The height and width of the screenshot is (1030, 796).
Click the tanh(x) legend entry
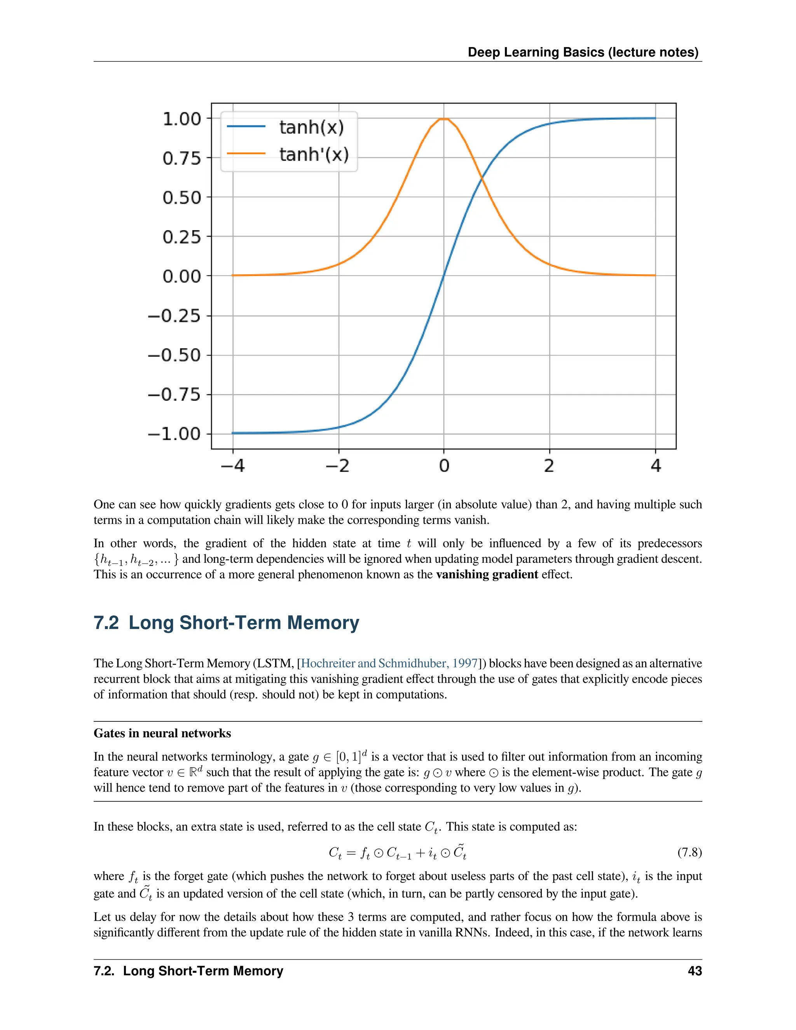pos(311,127)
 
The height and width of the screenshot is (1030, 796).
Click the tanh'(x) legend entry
pos(314,154)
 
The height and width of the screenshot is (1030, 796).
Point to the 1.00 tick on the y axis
pos(182,119)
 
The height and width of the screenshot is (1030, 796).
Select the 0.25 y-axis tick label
pos(182,237)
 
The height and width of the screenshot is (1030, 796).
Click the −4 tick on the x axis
pos(232,466)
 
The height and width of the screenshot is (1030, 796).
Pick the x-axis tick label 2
pos(549,466)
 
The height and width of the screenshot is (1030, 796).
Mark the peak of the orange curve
pos(444,119)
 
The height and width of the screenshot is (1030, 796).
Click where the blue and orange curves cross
pos(482,179)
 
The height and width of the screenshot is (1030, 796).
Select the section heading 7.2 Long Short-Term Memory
pos(226,623)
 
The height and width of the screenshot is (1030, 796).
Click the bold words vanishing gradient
pos(487,574)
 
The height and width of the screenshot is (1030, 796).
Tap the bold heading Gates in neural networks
pos(162,733)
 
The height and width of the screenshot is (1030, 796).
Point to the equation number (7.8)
pos(690,852)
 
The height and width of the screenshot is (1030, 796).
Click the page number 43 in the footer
pos(695,971)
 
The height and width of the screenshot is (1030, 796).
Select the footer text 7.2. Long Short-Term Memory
pos(188,971)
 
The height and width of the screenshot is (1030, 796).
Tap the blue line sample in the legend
pos(246,126)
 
